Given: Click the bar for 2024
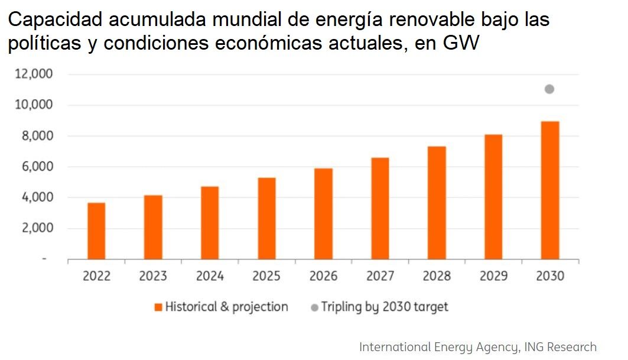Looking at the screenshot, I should point(210,223).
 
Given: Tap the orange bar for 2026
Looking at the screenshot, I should point(323,213).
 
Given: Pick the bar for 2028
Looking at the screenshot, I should point(437,203).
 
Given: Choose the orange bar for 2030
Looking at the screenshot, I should point(550,190).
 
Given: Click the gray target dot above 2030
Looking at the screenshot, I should point(549,89).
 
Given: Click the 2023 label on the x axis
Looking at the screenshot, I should point(153,276).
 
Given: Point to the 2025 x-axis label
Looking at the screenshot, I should point(266,276).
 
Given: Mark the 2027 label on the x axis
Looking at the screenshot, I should point(380,276).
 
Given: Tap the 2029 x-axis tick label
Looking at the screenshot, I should point(493,276).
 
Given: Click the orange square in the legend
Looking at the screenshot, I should point(158,307).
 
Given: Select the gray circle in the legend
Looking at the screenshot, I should point(314,307).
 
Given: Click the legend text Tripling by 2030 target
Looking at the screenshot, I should point(385,307).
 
